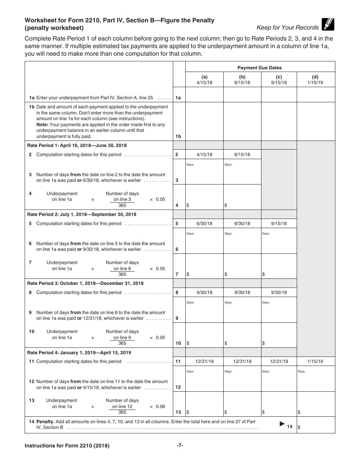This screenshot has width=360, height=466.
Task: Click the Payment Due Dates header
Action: click(x=260, y=68)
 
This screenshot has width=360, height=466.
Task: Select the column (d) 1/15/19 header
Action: click(x=315, y=80)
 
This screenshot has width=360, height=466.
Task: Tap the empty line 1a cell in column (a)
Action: click(x=204, y=95)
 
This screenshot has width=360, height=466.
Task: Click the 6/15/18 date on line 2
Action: click(x=242, y=155)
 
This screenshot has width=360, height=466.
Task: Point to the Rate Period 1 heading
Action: click(x=77, y=145)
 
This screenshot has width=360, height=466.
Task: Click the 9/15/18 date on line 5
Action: click(x=279, y=224)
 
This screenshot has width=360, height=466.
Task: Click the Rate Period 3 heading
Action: click(x=85, y=283)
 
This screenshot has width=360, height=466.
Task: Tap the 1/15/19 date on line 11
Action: click(x=315, y=361)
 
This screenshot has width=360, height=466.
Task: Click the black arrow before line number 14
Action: click(x=282, y=424)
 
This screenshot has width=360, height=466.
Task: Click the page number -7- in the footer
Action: click(x=180, y=446)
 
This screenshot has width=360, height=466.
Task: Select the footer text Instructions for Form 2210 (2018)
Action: click(x=67, y=446)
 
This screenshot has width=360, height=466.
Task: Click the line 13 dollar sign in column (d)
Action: click(x=299, y=412)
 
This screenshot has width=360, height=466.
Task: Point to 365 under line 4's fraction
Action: click(x=122, y=205)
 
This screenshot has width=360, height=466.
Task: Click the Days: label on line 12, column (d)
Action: click(x=302, y=372)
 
